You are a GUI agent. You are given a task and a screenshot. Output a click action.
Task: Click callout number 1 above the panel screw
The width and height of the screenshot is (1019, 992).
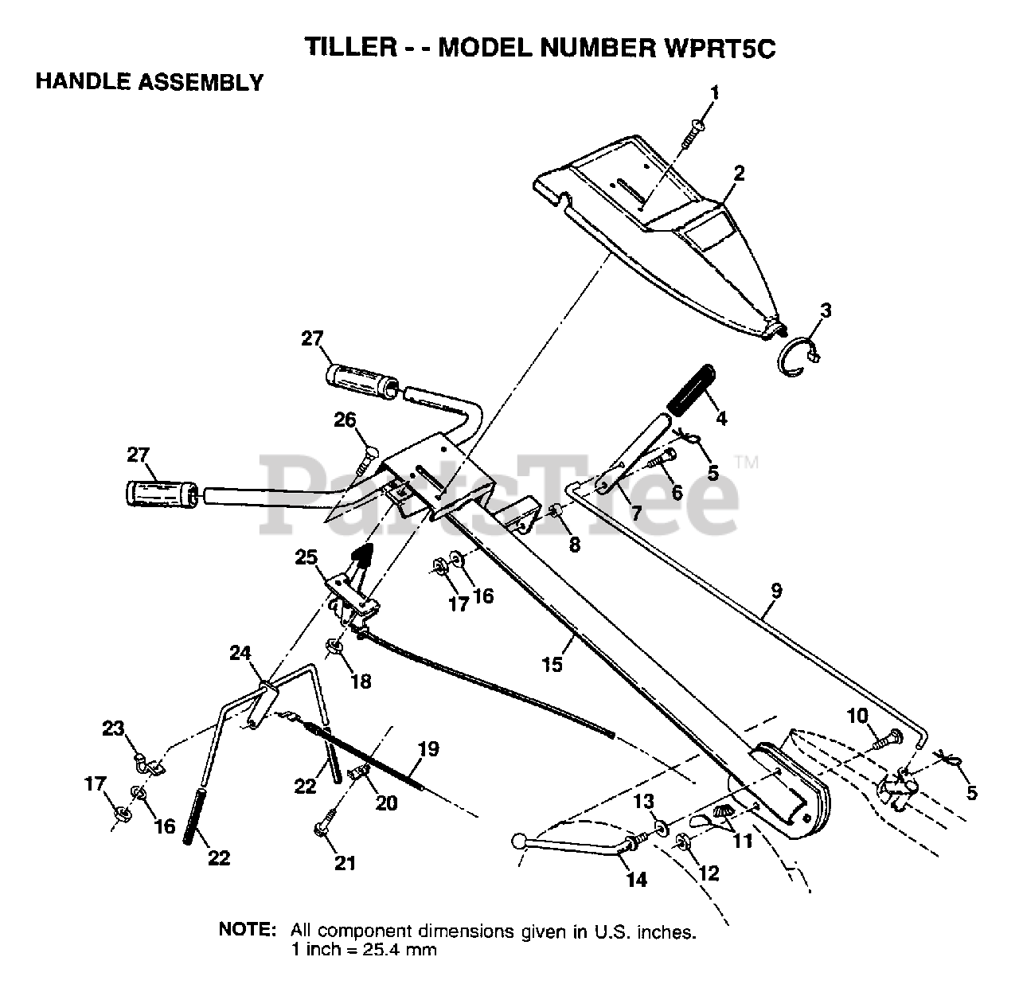coord(714,93)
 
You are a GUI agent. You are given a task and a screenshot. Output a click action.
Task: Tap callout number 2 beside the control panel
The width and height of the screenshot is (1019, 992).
coord(739,173)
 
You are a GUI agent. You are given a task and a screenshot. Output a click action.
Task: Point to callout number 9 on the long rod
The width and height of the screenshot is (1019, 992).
coord(776,592)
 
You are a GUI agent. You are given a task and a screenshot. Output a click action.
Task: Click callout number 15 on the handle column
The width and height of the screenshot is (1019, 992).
coord(552,663)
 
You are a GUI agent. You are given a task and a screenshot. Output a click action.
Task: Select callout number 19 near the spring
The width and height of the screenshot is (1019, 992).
coord(428,749)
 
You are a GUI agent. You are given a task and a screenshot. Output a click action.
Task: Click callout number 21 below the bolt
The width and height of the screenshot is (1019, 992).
coord(345,862)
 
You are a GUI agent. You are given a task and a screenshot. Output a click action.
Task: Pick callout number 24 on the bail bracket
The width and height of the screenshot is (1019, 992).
coord(240,654)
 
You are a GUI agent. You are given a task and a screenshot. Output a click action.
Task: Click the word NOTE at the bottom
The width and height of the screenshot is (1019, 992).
coord(248,930)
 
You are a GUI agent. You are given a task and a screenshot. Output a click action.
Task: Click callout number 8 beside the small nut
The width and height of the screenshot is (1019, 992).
coord(574,545)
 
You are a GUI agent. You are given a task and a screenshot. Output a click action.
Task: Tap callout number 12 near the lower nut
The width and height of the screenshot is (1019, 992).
coord(708,873)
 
